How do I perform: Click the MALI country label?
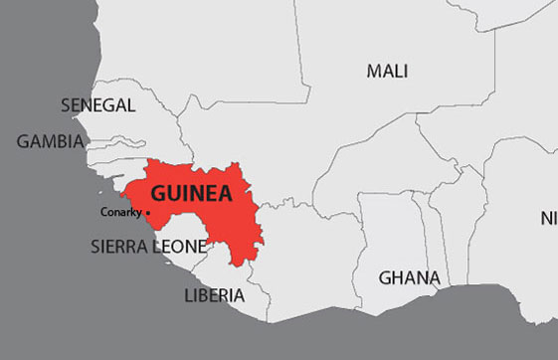[x=387, y=71]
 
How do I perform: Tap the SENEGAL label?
[x=97, y=104]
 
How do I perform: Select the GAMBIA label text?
[x=50, y=141]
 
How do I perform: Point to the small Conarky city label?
[x=121, y=212]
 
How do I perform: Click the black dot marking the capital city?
[x=148, y=213]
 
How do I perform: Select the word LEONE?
[x=181, y=246]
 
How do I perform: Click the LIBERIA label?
[x=214, y=295]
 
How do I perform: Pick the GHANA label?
[x=409, y=277]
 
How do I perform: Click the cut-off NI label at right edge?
[x=548, y=218]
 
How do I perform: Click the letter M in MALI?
[x=374, y=71]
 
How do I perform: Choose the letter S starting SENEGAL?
[x=66, y=104]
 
